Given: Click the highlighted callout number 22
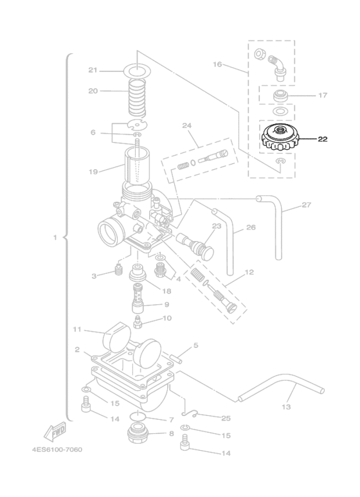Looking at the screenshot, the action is (x=322, y=139).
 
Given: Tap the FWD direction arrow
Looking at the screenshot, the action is (x=55, y=431).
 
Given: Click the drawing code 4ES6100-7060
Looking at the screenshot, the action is (x=57, y=449).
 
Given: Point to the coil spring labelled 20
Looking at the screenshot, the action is (x=137, y=96).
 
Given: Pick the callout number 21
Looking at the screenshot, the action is (x=93, y=70).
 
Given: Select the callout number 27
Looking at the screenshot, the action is (x=306, y=204).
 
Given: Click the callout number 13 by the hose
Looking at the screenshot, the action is (x=286, y=406).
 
